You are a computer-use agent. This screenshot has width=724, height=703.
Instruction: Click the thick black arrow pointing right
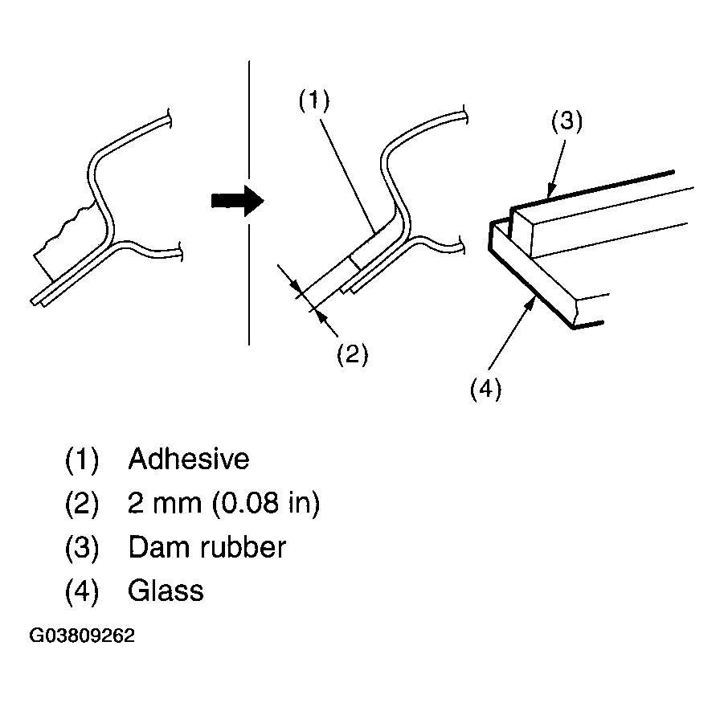[237, 201]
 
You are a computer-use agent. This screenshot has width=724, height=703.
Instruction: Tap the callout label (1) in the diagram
[314, 100]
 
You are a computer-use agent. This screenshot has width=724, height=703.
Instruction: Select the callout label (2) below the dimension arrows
[352, 354]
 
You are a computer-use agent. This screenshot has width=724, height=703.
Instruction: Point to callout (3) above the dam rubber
[567, 121]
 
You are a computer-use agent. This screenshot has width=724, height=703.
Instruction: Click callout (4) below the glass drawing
[485, 389]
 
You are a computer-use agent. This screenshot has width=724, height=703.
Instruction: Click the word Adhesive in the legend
[189, 459]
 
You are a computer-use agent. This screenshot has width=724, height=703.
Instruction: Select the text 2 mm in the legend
[165, 503]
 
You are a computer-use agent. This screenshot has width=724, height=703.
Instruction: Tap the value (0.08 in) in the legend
[266, 503]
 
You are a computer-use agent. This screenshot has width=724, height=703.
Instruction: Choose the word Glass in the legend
[166, 591]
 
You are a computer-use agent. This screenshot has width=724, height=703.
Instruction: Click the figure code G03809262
[82, 636]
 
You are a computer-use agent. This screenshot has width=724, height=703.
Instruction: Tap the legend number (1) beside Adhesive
[82, 460]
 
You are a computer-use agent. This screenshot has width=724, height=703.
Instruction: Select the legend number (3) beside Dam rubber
[82, 548]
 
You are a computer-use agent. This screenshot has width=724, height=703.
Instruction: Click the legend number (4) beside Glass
[82, 591]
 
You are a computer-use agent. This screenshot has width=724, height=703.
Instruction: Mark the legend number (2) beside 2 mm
[82, 504]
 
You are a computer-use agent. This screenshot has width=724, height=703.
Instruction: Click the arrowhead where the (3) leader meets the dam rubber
[550, 191]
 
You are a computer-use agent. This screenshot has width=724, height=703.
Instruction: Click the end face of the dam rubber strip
[522, 234]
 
